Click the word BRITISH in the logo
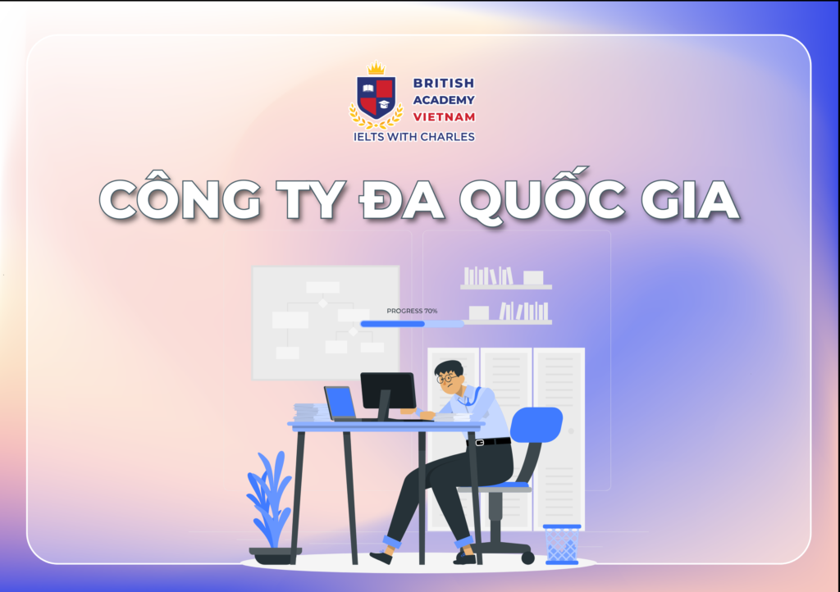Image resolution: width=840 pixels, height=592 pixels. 443,83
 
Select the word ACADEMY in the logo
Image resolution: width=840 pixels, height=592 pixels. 443,100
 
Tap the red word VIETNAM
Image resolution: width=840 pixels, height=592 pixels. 444,116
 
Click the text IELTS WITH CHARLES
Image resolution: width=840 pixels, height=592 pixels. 413,136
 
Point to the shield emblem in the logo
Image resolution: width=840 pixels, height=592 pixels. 376,97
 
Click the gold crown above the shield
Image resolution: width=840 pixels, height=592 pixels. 376,67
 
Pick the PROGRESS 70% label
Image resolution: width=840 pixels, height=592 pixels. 411,312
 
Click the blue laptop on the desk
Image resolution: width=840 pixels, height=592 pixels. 340,403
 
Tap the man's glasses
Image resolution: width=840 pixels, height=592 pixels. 447,379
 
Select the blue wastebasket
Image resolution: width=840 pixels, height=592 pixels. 562,544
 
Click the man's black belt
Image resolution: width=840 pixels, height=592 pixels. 490,442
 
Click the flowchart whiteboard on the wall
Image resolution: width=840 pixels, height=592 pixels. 325,322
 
